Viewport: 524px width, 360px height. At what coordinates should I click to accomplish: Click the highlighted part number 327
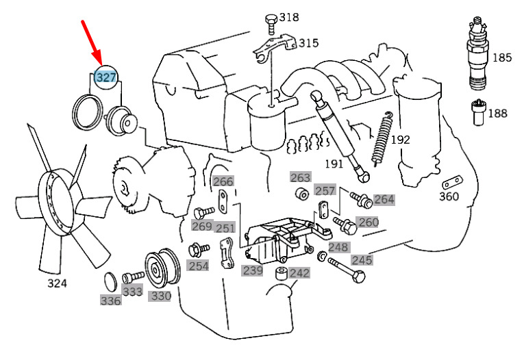[106, 77]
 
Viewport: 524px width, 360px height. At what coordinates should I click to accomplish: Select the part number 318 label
[288, 17]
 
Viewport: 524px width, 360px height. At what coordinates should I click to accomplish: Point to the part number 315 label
[308, 43]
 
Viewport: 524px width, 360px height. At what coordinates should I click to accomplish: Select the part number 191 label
[334, 164]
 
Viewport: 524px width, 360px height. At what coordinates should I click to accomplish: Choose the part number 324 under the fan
[57, 283]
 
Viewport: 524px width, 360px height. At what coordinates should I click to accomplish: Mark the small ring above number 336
[110, 281]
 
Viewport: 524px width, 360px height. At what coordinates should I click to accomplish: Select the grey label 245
[362, 259]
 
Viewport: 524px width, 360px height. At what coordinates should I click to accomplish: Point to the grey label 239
[252, 270]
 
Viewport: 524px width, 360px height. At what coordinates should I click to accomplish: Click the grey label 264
[384, 200]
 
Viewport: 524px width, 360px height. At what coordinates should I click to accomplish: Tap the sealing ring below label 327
[87, 112]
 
